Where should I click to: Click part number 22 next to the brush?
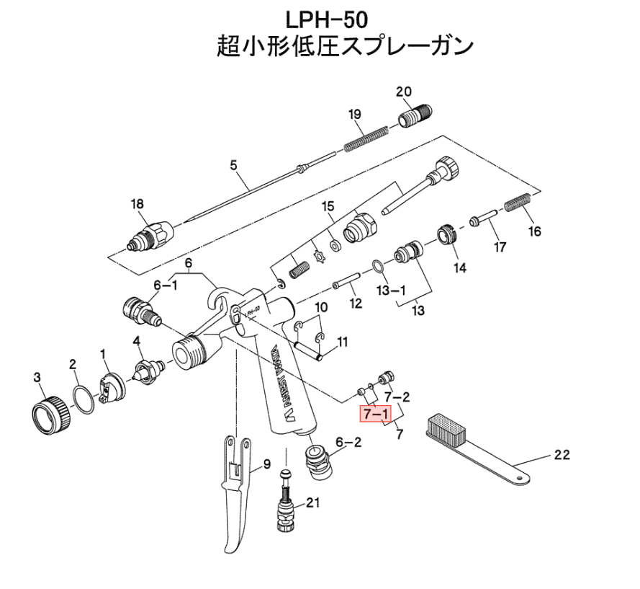click(x=562, y=454)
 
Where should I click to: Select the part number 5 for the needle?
click(x=233, y=165)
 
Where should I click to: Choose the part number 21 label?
click(x=313, y=502)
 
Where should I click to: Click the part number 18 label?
click(x=137, y=204)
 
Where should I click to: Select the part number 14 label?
click(x=459, y=268)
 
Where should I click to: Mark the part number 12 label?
click(x=355, y=304)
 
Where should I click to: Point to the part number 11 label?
click(x=342, y=341)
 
